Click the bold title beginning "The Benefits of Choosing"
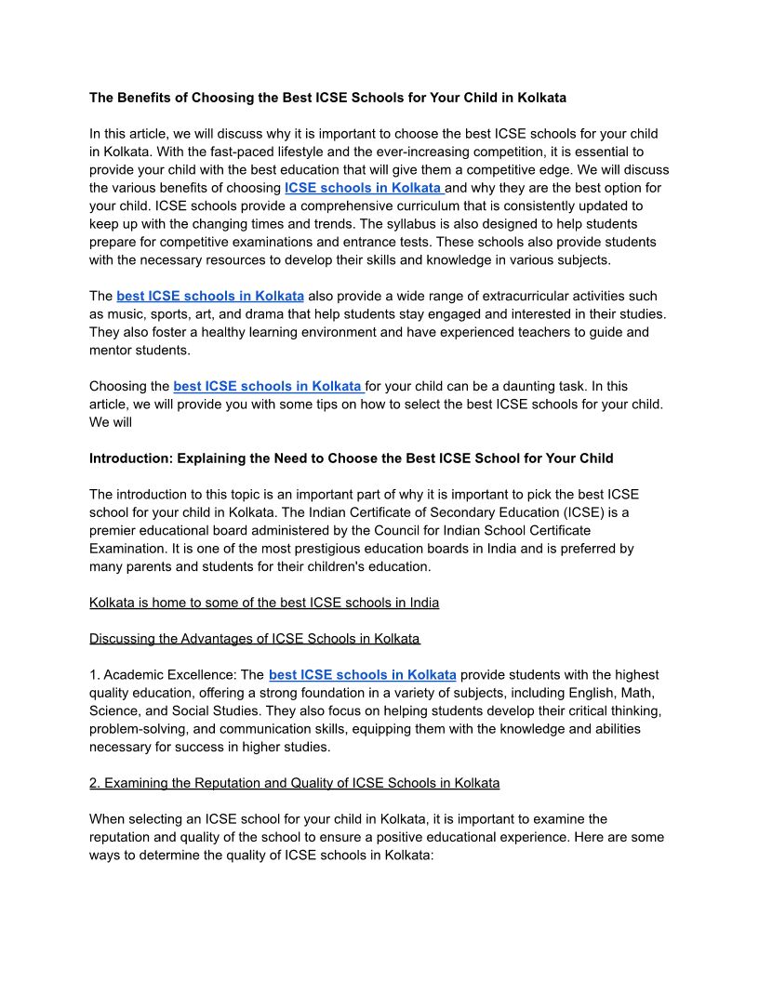click(327, 97)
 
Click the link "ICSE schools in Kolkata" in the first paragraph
click(364, 188)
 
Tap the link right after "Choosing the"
click(268, 386)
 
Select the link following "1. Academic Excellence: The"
click(362, 675)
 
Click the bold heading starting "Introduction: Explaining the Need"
click(351, 458)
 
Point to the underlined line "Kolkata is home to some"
click(264, 603)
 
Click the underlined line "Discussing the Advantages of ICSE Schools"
click(255, 639)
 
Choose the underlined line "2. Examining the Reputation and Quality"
click(294, 783)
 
